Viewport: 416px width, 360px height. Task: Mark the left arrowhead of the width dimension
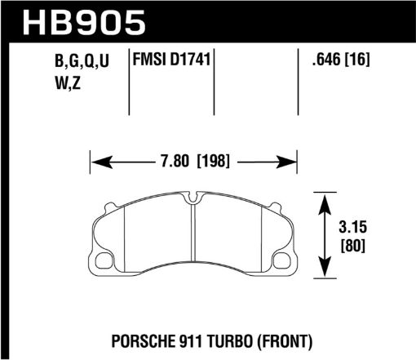click(x=94, y=161)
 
